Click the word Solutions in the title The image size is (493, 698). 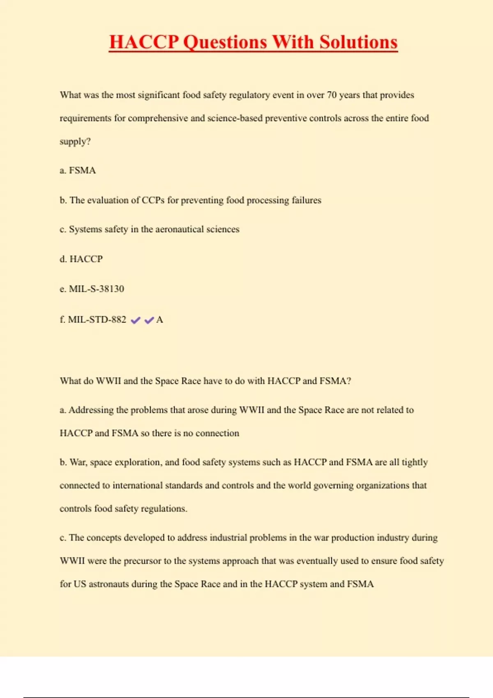[358, 42]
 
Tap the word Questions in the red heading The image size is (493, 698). [225, 42]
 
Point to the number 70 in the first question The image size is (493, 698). [332, 95]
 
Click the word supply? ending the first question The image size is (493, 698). [75, 142]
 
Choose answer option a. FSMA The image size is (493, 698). [78, 170]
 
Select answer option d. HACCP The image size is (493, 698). [81, 259]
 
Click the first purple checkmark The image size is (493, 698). [135, 320]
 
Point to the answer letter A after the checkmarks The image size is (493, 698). [160, 320]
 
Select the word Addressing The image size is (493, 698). [91, 410]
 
